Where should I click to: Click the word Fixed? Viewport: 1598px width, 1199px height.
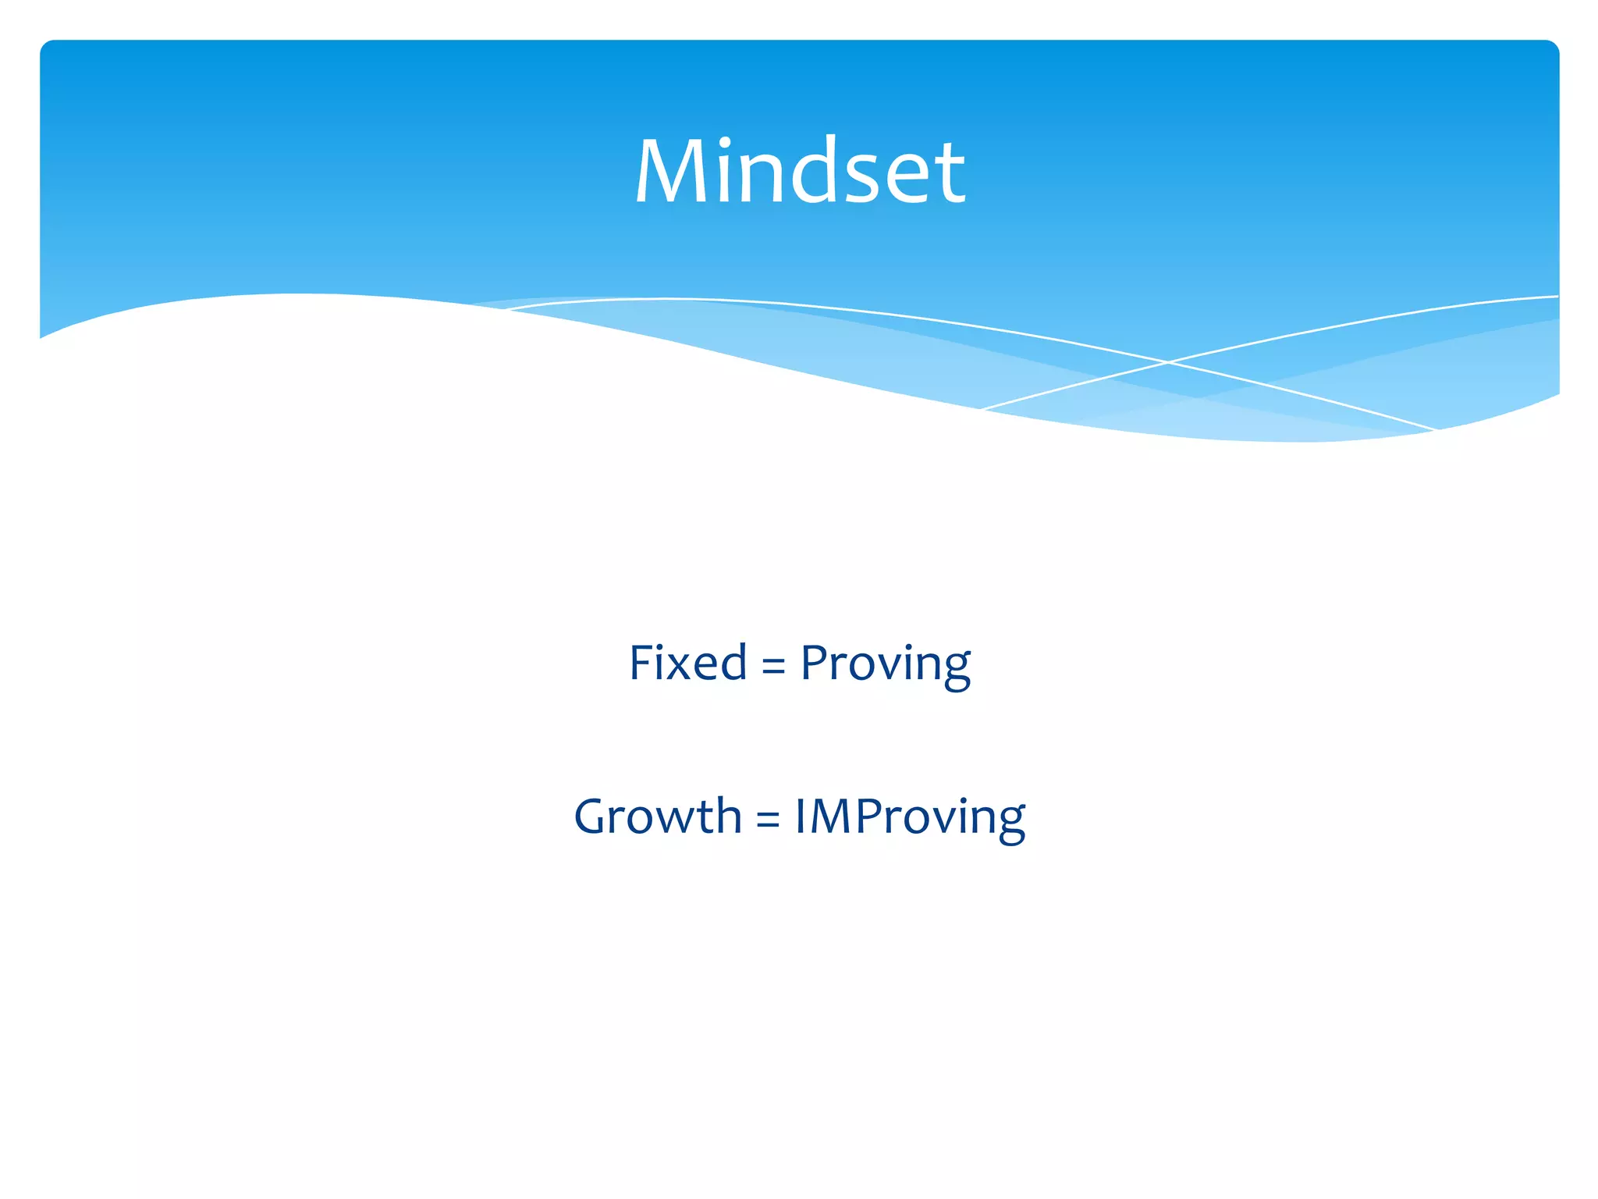(687, 664)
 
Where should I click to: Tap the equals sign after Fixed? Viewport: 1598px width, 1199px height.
(772, 666)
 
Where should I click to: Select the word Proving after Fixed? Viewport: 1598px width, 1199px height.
(885, 666)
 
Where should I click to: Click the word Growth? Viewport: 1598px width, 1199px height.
(657, 817)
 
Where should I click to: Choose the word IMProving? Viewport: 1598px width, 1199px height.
(909, 818)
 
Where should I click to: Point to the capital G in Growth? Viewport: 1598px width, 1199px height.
(595, 817)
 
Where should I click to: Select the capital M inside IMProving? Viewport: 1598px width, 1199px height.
(832, 817)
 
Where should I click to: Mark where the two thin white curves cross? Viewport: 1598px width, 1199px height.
(1167, 362)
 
